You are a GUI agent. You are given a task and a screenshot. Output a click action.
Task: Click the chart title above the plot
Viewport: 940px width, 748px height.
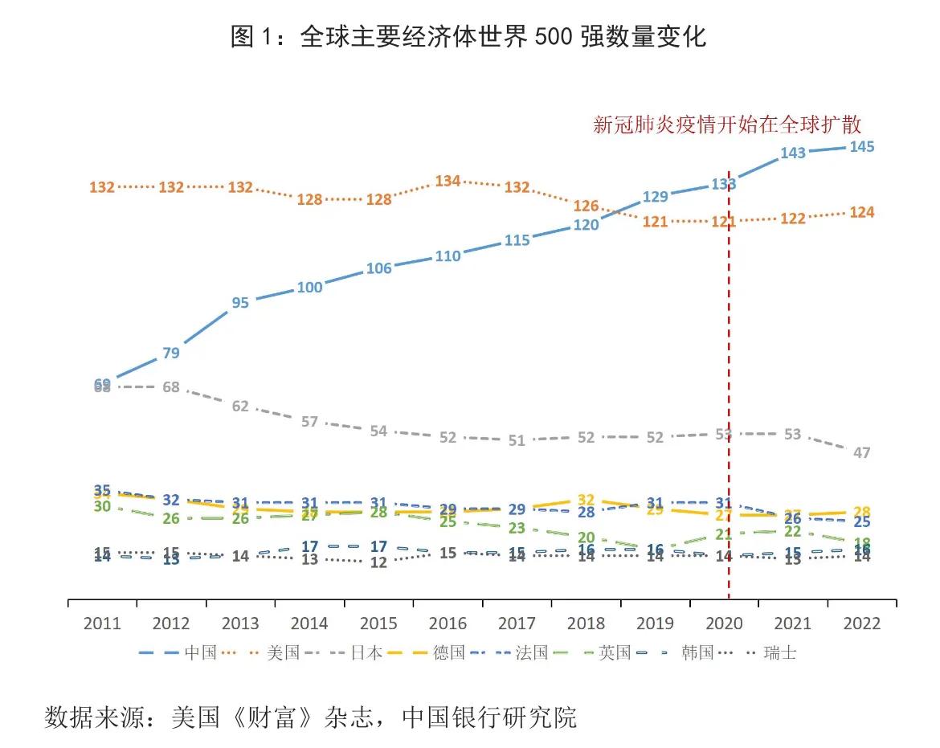[468, 36]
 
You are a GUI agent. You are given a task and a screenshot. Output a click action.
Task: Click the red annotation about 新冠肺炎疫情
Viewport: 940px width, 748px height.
[726, 125]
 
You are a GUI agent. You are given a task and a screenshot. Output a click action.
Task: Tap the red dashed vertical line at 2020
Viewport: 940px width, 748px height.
[729, 362]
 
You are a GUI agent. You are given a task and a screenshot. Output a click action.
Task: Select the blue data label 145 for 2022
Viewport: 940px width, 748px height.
[860, 147]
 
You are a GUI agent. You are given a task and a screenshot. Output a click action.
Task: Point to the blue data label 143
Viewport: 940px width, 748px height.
[792, 153]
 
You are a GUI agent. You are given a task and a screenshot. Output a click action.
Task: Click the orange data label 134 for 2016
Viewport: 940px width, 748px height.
[448, 182]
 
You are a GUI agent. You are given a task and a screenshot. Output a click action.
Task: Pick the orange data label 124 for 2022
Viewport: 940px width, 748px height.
[860, 213]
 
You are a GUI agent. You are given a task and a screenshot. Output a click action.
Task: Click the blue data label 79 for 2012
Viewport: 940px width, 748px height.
[171, 353]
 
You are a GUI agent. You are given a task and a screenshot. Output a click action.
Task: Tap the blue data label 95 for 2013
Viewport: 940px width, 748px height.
[240, 303]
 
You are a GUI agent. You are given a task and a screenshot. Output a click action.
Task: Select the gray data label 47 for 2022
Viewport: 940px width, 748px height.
[861, 453]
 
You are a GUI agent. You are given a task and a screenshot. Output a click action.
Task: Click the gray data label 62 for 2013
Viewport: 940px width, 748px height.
[240, 407]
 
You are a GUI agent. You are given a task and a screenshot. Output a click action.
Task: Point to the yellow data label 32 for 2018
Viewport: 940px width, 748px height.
[586, 501]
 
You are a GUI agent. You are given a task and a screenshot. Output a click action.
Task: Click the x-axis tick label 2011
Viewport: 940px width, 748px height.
[102, 623]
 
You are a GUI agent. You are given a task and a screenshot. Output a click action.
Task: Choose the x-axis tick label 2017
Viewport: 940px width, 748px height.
[517, 623]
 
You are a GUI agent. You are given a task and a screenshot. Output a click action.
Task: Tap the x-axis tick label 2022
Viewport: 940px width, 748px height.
[861, 623]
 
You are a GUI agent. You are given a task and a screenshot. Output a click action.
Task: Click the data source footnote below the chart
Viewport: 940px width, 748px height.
[310, 717]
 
